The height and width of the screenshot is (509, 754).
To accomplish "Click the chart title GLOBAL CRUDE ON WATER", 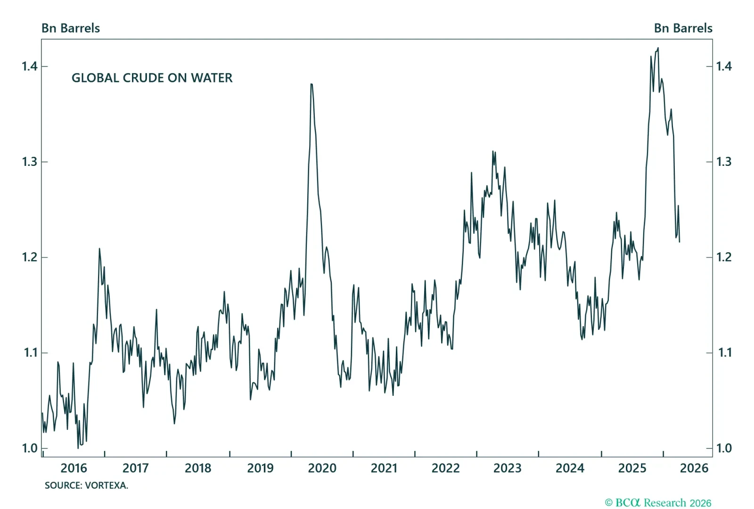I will (152, 78).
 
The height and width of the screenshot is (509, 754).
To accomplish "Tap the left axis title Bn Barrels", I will (71, 28).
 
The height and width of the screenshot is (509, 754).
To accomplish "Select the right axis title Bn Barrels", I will (683, 28).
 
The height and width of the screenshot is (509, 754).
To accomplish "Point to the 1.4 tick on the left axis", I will (30, 66).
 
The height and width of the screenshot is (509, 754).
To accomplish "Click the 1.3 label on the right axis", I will (724, 162).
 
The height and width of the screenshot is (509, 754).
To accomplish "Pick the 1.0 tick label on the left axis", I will (30, 448).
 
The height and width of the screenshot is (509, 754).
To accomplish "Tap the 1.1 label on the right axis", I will (724, 353).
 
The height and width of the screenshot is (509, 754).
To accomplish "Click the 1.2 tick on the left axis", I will (30, 257).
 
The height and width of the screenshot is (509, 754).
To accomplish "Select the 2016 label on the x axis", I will (74, 468).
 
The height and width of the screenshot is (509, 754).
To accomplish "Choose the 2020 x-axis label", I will (322, 468).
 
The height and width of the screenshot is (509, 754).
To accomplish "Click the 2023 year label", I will (507, 468).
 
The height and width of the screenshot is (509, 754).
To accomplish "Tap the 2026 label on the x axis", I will (694, 468).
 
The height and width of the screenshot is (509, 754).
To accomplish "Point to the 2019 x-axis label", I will (260, 468).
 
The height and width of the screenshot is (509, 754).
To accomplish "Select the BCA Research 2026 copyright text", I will (658, 503).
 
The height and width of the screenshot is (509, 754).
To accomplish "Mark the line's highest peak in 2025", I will (658, 48).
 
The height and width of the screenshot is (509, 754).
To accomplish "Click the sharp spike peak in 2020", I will (311, 84).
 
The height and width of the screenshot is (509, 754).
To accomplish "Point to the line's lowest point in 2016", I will (78, 448).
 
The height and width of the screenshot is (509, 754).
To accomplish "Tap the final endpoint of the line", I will (680, 242).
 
